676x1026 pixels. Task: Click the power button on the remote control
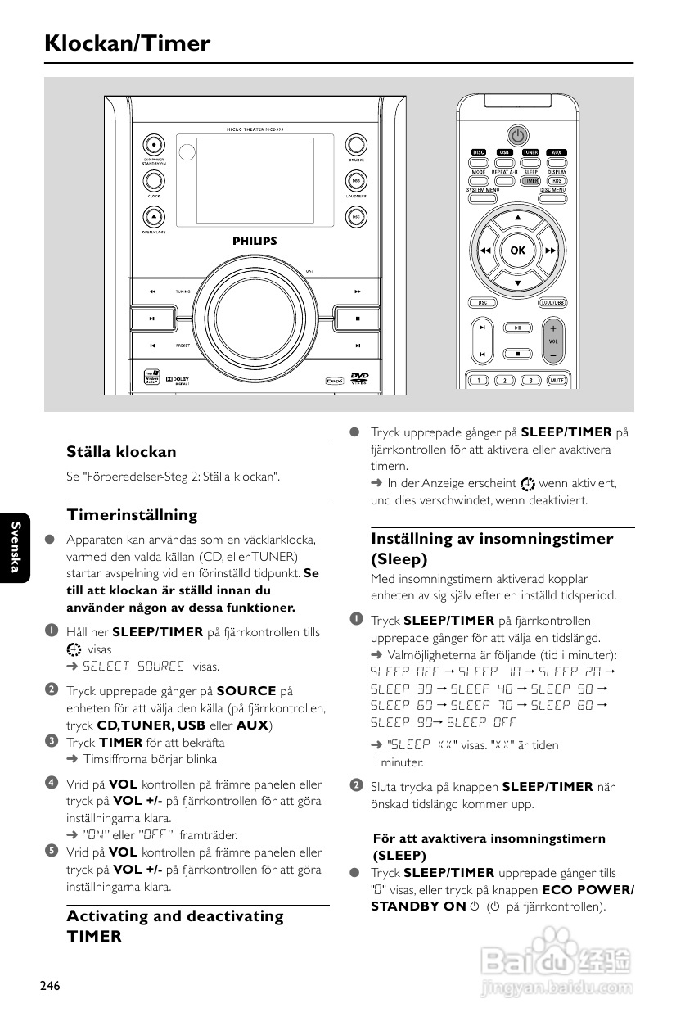tap(517, 135)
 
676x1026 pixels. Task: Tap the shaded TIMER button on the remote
tap(530, 181)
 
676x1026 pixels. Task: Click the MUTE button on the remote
tap(557, 380)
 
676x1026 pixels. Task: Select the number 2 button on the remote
tap(504, 380)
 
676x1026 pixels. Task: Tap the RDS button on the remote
tap(557, 181)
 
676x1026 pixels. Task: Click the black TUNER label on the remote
tap(530, 152)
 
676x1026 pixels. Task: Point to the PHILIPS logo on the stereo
tap(255, 242)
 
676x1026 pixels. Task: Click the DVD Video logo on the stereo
tap(358, 378)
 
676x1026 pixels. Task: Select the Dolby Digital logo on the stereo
tap(178, 380)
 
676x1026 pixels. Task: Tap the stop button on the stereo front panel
tap(358, 319)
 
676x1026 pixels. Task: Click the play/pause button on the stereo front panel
tap(153, 319)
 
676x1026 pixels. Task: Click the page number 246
tap(50, 985)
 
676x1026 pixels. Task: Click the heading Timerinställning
tap(132, 515)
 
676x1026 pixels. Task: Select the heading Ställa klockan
tap(121, 452)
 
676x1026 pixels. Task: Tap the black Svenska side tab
tap(16, 547)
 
